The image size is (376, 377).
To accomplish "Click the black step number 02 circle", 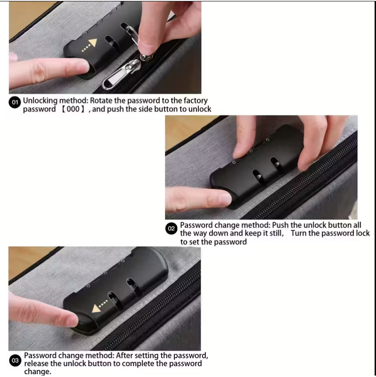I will (172, 229).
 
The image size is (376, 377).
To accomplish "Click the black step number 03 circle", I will (15, 361).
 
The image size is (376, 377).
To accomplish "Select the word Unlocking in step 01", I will (40, 100).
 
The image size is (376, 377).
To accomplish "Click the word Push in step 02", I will (283, 225).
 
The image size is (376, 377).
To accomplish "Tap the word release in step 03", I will (37, 363).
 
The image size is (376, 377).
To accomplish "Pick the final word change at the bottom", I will (38, 372).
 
